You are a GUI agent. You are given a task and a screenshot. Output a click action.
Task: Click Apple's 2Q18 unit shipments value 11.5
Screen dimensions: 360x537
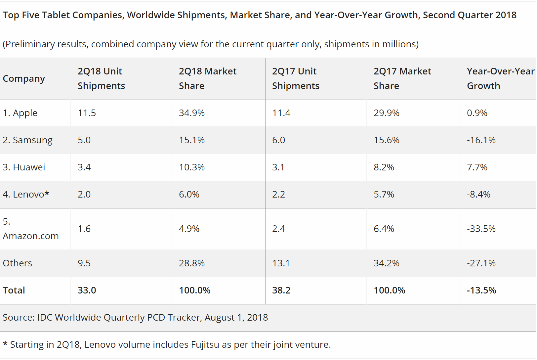87,113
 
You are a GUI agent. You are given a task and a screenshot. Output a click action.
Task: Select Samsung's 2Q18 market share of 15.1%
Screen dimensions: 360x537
192,140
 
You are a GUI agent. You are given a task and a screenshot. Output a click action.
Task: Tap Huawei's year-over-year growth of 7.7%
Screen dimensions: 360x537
477,167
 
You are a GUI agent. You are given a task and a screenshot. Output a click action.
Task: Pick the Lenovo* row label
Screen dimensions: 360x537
26,195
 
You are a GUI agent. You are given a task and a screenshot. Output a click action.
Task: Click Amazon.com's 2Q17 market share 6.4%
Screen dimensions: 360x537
384,229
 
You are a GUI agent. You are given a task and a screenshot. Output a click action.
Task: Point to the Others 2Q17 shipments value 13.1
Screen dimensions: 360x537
281,263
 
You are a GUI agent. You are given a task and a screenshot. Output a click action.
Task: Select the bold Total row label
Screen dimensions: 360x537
14,291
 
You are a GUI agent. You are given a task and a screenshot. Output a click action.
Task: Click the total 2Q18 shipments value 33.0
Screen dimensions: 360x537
87,291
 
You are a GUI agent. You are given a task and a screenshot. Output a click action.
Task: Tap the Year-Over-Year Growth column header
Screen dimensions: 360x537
500,79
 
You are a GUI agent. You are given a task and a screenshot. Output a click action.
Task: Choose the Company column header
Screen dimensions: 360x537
24,79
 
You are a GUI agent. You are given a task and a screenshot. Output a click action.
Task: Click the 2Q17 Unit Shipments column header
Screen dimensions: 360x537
296,79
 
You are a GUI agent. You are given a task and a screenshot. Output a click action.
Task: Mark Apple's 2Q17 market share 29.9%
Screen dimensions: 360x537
386,113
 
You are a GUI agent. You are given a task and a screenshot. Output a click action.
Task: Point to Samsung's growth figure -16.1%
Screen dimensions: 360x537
481,140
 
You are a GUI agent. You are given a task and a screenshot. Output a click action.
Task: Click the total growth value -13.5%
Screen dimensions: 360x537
481,291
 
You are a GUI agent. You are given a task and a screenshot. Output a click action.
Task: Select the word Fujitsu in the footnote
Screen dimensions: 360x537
205,345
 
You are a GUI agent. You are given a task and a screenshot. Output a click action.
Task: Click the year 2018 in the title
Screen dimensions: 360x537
504,15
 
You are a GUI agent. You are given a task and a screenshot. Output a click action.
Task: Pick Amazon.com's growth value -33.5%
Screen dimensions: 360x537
481,229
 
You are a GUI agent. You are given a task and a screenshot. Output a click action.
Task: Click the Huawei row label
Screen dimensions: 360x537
24,167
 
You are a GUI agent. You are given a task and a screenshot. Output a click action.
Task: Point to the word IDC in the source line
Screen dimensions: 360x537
45,318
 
